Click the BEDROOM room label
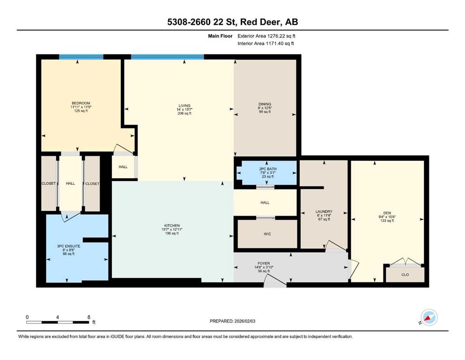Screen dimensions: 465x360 [81, 103]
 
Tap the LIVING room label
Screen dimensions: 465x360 [185, 105]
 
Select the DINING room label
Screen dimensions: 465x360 [265, 104]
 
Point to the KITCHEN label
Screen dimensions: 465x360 [172, 226]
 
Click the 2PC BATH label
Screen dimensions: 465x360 [268, 169]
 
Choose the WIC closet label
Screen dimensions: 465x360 [267, 234]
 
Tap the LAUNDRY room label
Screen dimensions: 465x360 [324, 211]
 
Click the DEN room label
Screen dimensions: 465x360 [387, 213]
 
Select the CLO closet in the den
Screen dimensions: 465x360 [405, 275]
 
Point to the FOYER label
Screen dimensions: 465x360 [264, 263]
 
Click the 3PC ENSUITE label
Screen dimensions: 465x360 [68, 246]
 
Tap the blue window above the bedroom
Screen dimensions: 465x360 [81, 57]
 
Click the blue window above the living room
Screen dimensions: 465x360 [168, 57]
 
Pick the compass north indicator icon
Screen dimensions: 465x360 [429, 317]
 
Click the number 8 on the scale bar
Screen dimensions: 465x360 [89, 317]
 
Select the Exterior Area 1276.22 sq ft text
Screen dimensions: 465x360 [266, 36]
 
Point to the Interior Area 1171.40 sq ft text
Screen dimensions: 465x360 [266, 43]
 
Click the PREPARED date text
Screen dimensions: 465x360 [232, 321]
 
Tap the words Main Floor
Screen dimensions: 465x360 [220, 36]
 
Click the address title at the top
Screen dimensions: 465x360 [232, 22]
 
